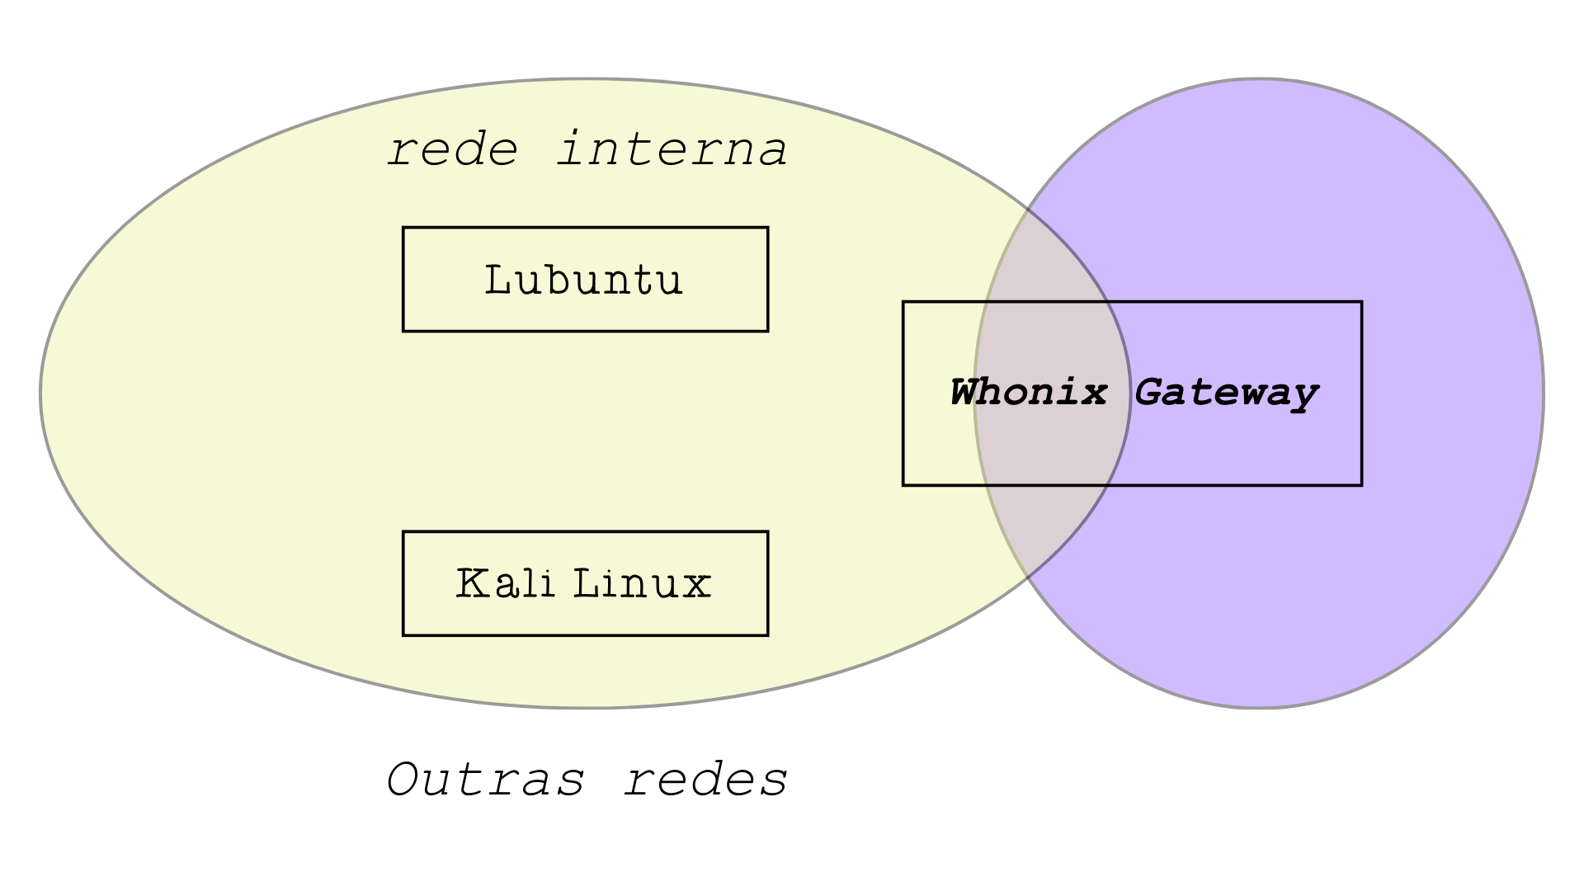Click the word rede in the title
pos(453,150)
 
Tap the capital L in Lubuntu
pos(497,280)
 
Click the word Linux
pos(641,583)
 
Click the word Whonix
pos(1028,393)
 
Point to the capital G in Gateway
pos(1150,393)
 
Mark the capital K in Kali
pos(470,583)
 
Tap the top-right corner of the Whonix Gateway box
pos(1361,303)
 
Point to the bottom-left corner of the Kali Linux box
pos(403,634)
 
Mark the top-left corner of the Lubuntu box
pos(403,229)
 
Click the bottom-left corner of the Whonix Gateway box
pos(904,484)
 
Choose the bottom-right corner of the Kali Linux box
pos(767,634)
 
